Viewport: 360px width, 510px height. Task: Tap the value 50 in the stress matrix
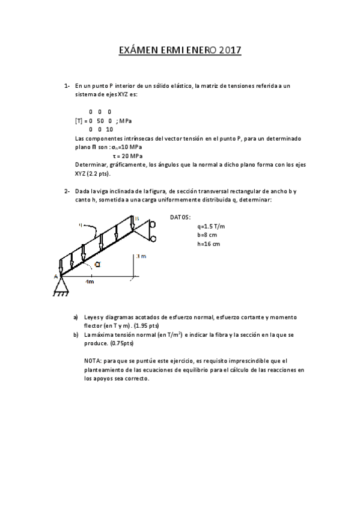[x=100, y=121]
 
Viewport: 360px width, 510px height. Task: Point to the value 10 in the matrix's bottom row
[x=109, y=129]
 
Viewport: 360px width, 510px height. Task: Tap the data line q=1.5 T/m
[x=211, y=226]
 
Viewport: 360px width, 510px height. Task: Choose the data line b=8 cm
[x=208, y=235]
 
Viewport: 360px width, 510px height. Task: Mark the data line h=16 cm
[x=209, y=244]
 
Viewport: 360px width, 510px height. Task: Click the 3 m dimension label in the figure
[x=142, y=256]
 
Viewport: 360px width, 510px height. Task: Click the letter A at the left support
[x=55, y=275]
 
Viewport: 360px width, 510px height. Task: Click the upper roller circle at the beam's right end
[x=153, y=224]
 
